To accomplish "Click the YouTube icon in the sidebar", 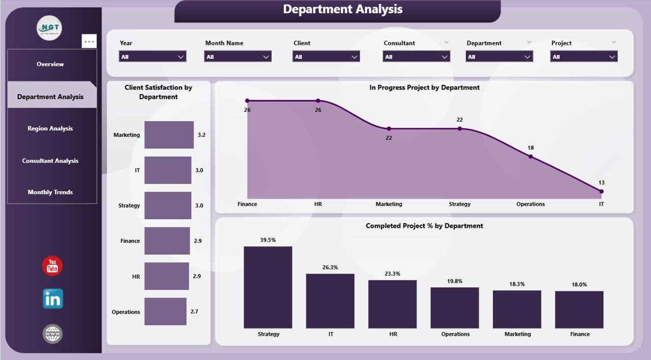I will pos(52,266).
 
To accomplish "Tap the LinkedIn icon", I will pos(52,299).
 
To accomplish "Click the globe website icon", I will pos(52,334).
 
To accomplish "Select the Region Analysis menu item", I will pos(50,129).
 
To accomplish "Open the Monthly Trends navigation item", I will pos(50,192).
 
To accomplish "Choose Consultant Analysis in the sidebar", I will pos(50,161).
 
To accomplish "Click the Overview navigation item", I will pos(50,64).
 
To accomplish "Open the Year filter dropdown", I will pos(153,56).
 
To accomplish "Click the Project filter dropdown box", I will pos(583,56).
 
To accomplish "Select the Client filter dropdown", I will pos(326,56).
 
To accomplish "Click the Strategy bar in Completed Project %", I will pos(268,287).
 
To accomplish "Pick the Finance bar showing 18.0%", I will pos(579,310).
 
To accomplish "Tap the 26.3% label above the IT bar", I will pos(330,267).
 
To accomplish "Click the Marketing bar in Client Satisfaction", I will pos(169,135).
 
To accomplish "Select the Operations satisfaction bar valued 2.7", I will pos(165,312).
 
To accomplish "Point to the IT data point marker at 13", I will pos(601,192).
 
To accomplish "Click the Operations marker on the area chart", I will pos(530,157).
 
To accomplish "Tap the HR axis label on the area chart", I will pos(318,204).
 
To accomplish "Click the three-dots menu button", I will pos(89,42).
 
